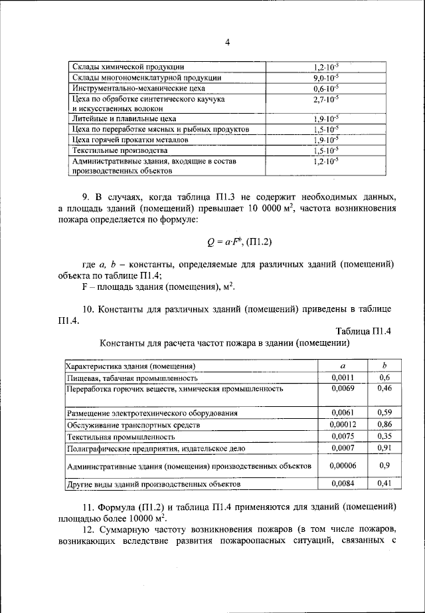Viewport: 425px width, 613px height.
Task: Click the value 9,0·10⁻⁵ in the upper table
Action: [325, 78]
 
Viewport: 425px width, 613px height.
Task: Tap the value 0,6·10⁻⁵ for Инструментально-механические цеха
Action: [325, 88]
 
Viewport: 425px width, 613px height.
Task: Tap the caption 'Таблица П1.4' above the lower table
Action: [365, 331]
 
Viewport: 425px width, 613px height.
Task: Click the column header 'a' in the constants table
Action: [343, 366]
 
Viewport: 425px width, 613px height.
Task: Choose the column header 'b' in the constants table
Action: [384, 366]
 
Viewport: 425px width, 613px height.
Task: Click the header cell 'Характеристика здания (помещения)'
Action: [129, 366]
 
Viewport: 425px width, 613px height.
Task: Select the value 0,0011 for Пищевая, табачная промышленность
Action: [343, 377]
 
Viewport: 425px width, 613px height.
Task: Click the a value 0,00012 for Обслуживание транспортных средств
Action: [343, 424]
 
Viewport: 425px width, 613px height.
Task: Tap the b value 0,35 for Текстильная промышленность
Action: [384, 437]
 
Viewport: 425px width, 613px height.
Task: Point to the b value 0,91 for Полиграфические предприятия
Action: [384, 449]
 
